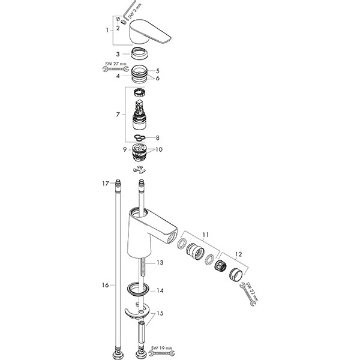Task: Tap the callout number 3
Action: pos(118,54)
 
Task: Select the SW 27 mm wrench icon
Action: pos(115,69)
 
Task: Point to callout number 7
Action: pos(118,115)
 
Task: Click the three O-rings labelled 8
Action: pos(140,137)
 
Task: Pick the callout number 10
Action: pos(159,149)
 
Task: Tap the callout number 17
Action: pos(106,184)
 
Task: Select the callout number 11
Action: pos(206,235)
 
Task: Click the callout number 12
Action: pos(239,254)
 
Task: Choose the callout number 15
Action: pos(160,313)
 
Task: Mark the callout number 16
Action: pos(106,285)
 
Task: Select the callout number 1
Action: pos(107,30)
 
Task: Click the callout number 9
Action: pos(125,149)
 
